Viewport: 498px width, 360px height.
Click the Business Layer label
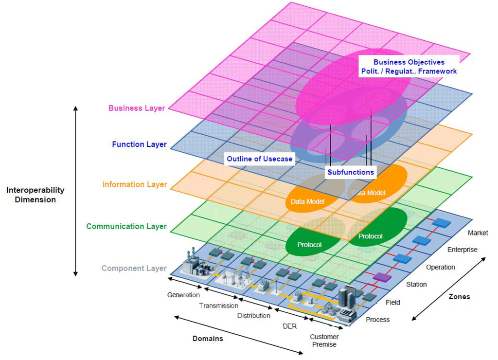[x=137, y=108]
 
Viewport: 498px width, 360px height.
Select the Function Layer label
[x=139, y=144]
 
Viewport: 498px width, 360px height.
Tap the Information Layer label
[x=135, y=184]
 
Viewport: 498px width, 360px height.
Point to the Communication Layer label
[x=126, y=226]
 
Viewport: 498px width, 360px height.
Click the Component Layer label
[x=134, y=268]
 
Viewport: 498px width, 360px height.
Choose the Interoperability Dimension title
[x=35, y=195]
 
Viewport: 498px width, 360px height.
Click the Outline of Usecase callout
[x=260, y=159]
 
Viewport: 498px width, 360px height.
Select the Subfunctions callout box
[x=351, y=172]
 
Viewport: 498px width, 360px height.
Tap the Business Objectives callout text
[x=409, y=67]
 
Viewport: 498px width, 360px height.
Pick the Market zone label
[x=478, y=233]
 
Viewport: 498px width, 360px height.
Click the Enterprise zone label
[x=462, y=250]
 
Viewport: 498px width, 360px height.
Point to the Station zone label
[x=416, y=284]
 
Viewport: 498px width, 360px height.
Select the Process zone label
[x=378, y=320]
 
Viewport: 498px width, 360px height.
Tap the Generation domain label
[x=183, y=295]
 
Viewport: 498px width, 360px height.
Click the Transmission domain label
[x=219, y=306]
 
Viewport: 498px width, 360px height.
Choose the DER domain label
[x=289, y=326]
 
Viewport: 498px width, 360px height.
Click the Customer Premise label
[x=324, y=341]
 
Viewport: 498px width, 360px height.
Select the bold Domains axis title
[x=208, y=339]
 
